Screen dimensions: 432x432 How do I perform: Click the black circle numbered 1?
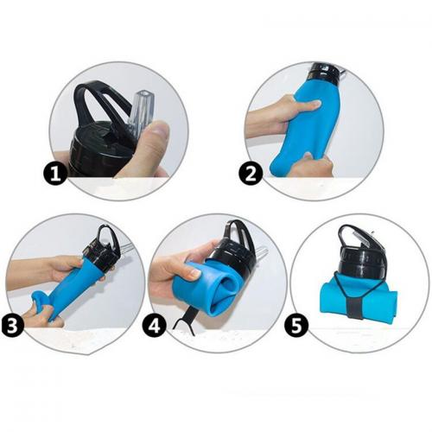[55, 174]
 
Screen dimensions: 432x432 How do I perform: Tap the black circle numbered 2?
[251, 174]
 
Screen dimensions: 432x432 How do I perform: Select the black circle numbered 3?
[12, 327]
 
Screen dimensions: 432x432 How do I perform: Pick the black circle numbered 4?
[155, 327]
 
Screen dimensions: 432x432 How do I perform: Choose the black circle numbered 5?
[296, 327]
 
